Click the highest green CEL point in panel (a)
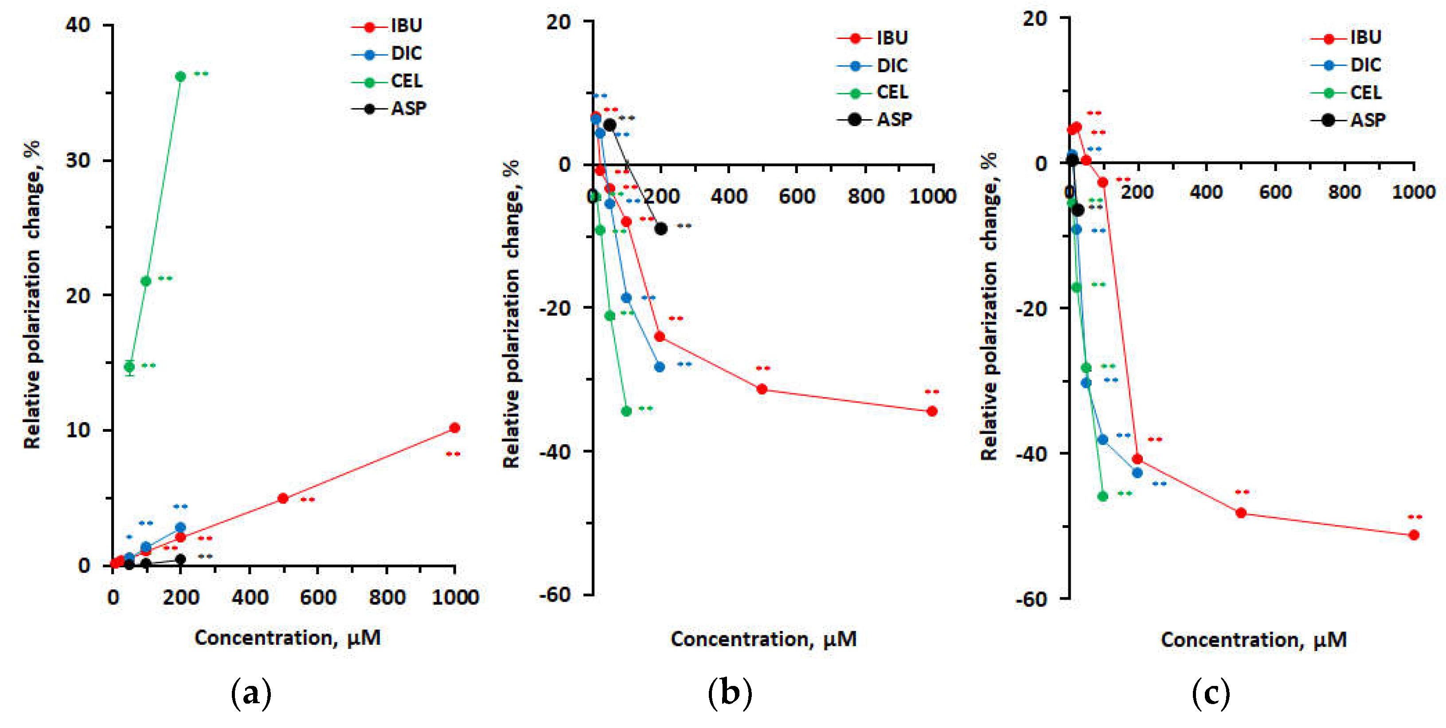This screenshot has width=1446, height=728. coord(180,76)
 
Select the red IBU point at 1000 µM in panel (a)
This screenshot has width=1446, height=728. coord(455,428)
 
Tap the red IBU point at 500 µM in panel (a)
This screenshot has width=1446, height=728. coord(283,498)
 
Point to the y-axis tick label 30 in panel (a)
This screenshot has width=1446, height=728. coord(78,160)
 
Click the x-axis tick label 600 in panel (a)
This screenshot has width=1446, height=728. coord(318,597)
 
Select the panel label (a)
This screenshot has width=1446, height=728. coord(251,694)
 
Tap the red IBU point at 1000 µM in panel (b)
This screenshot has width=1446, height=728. coord(932,411)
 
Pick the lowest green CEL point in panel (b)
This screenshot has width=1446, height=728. coord(626,411)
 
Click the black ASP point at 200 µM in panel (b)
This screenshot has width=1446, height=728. coord(661,229)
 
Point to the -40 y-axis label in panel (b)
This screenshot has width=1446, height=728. coord(554,452)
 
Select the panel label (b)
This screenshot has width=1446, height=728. coord(729,694)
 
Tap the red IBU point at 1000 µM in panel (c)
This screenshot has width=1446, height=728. coord(1414,535)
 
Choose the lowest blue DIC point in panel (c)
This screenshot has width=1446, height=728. coord(1137,473)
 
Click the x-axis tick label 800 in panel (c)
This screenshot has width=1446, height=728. coord(1344,192)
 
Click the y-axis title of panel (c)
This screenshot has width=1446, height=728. coord(989,306)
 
